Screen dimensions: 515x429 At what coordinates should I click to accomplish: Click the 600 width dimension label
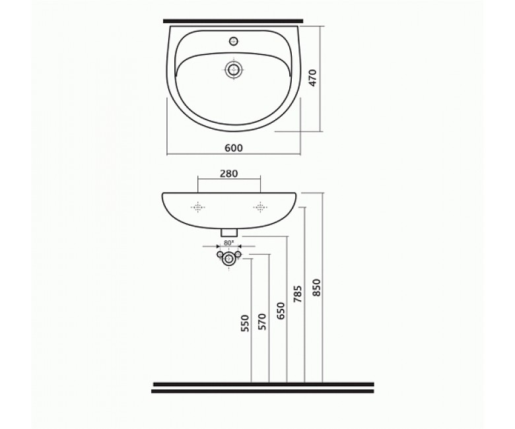tap(234, 148)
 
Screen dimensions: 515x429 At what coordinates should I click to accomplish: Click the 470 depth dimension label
tap(313, 78)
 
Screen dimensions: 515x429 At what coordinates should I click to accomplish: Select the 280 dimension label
tap(228, 174)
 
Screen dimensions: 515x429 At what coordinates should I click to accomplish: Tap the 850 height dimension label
tap(316, 288)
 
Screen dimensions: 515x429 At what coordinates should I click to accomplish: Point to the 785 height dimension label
tap(298, 294)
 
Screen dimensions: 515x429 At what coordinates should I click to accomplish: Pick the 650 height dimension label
tap(281, 311)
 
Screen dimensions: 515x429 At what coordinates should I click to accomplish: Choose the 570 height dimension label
tap(263, 321)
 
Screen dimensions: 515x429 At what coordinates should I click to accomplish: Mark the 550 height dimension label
tap(246, 323)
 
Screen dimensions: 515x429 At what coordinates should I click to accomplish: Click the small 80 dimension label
tap(228, 244)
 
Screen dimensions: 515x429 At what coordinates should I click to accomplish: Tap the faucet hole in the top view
tap(234, 41)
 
